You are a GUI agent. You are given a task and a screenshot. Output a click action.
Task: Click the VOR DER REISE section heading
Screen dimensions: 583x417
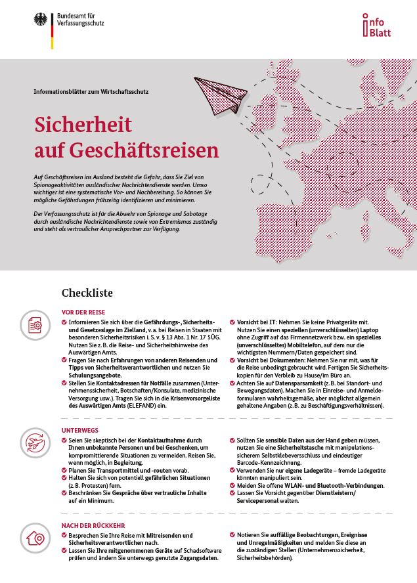pos(83,312)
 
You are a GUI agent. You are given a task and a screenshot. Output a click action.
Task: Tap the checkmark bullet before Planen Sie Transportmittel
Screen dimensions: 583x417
pos(64,471)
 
